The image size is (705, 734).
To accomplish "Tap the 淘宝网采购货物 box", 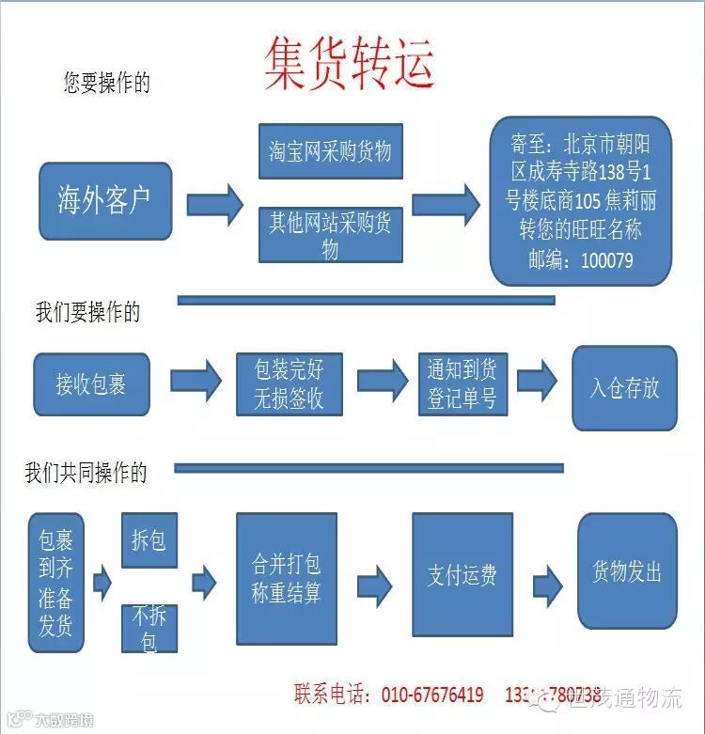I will click(330, 151).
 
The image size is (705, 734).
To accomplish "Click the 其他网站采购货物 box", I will click(330, 235).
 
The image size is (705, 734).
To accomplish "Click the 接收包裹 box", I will click(91, 384).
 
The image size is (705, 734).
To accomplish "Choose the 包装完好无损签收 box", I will click(289, 383).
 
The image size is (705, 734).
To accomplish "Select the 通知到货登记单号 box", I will click(462, 383).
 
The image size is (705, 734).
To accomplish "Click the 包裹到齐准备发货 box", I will click(55, 583).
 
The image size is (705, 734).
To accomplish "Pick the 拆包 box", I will click(149, 540).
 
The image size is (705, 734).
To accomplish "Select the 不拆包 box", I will click(149, 629).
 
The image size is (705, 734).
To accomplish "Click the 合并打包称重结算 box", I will click(285, 578).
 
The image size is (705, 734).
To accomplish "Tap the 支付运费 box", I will click(462, 574).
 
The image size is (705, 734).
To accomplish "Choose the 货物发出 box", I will click(626, 571).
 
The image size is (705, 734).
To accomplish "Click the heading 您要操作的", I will click(106, 83).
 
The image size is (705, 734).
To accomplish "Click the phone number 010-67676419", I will click(432, 695).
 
